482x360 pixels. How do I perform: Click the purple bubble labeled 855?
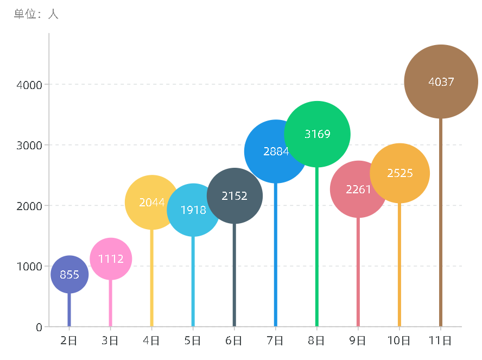click(69, 274)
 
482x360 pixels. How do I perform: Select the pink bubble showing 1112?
click(111, 258)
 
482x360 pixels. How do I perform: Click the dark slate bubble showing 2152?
click(234, 195)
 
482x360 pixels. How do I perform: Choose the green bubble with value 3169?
click(317, 134)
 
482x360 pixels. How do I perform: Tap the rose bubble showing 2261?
click(358, 190)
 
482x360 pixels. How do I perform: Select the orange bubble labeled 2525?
click(400, 173)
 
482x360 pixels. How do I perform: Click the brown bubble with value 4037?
click(441, 81)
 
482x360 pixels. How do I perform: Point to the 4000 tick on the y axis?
click(29, 85)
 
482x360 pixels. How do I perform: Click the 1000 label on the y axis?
click(29, 267)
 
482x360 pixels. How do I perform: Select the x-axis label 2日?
click(69, 341)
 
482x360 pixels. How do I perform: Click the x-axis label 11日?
click(440, 341)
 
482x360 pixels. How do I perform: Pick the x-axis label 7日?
click(276, 341)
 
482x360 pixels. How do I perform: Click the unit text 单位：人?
click(36, 14)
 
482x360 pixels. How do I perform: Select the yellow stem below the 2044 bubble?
click(152, 277)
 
